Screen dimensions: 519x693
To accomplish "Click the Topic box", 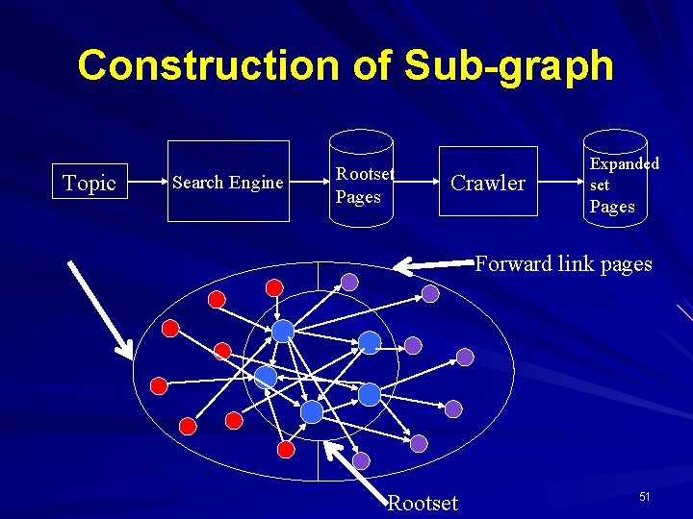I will pyautogui.click(x=90, y=183).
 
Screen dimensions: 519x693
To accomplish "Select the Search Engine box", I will pyautogui.click(x=227, y=182).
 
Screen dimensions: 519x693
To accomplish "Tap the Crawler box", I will pyautogui.click(x=488, y=183).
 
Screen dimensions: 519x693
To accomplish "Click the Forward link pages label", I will pyautogui.click(x=563, y=264).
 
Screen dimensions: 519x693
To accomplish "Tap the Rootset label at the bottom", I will pyautogui.click(x=423, y=503).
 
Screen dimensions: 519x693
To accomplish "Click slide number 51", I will pyautogui.click(x=645, y=496).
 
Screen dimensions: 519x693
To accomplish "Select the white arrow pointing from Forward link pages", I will pyautogui.click(x=435, y=261).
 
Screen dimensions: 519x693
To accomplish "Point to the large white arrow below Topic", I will pyautogui.click(x=100, y=307).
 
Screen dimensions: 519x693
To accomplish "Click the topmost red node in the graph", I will pyautogui.click(x=274, y=286).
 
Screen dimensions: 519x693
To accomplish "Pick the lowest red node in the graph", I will pyautogui.click(x=286, y=449).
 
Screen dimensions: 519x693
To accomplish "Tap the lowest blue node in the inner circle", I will pyautogui.click(x=312, y=412).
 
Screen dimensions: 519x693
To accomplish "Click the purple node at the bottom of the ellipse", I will pyautogui.click(x=361, y=461).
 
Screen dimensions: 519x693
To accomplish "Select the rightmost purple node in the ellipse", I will pyautogui.click(x=465, y=357).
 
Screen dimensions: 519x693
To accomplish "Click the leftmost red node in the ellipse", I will pyautogui.click(x=159, y=385).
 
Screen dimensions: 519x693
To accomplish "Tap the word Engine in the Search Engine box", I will pyautogui.click(x=257, y=182).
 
